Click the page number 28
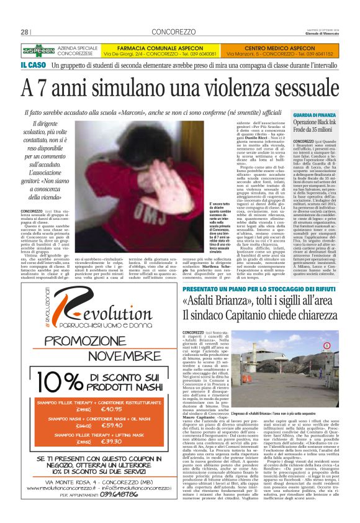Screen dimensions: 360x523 [25, 32]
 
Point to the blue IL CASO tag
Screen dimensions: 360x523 [33, 65]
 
